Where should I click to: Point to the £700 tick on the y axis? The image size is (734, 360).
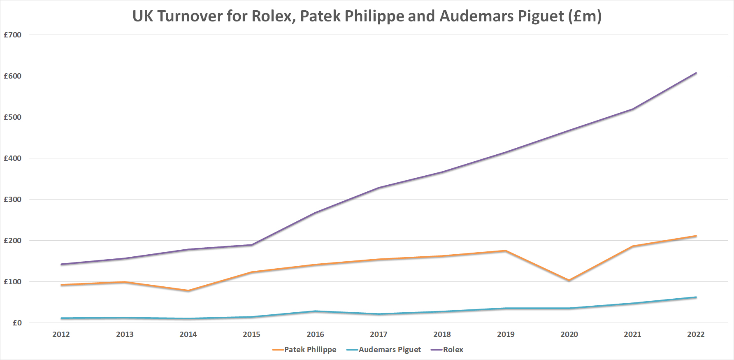[x=13, y=35]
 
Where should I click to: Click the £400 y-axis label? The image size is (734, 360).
[x=13, y=158]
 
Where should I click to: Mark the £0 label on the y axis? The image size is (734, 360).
[x=17, y=323]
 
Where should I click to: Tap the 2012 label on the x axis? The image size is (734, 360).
[x=61, y=334]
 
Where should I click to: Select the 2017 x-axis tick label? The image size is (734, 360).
[x=379, y=334]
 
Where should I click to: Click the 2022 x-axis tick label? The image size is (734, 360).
[x=696, y=334]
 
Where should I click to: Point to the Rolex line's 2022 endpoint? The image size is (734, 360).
[x=696, y=73]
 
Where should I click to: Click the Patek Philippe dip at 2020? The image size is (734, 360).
[x=569, y=281]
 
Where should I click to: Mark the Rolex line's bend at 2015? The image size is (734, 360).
[x=251, y=245]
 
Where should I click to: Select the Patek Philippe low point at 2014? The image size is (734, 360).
[x=188, y=291]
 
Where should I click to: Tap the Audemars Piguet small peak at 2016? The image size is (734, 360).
[x=315, y=311]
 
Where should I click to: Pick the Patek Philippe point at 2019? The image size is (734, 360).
[x=506, y=251]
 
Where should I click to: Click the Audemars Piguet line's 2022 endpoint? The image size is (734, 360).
[x=696, y=297]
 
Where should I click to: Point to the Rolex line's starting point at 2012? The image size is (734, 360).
[x=61, y=264]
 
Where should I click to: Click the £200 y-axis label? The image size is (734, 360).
[x=13, y=241]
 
